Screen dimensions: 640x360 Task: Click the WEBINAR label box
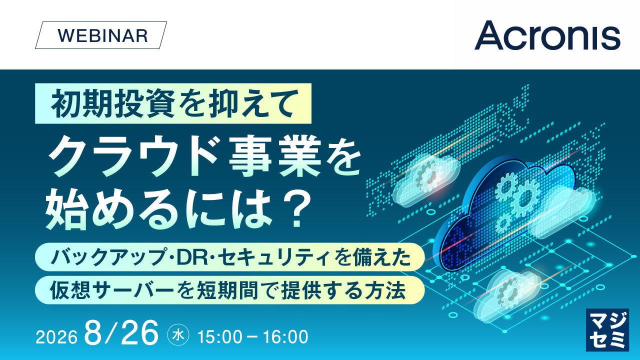[101, 35]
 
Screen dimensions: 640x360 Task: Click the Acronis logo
[547, 35]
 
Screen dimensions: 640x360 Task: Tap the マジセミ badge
[607, 329]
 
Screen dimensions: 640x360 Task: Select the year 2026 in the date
[56, 337]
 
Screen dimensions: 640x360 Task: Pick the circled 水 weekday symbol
[179, 335]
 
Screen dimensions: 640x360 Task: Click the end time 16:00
[285, 337]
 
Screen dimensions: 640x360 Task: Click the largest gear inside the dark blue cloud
[525, 197]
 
